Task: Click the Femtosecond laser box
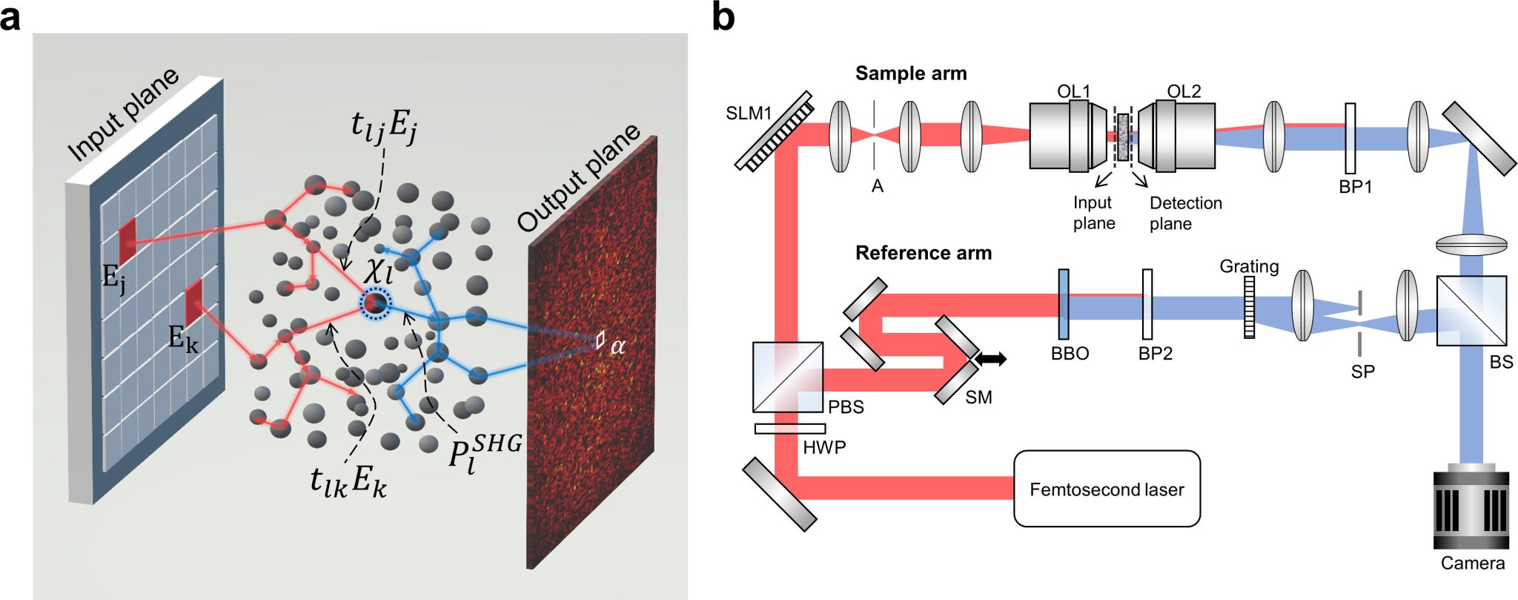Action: point(1106,489)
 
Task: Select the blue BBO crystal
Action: point(1064,304)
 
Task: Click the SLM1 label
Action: point(749,113)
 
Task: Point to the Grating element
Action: point(1249,307)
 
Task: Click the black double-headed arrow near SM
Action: point(990,360)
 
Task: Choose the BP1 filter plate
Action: point(1350,137)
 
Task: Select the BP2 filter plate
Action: point(1147,304)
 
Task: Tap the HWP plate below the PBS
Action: point(789,429)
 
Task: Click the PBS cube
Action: point(787,377)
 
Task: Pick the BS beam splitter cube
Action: point(1471,311)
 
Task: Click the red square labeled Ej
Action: point(127,240)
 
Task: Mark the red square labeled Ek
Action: point(193,302)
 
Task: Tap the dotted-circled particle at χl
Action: point(375,303)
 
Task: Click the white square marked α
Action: point(600,340)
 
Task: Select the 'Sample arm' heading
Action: point(910,73)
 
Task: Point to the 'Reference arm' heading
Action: point(923,253)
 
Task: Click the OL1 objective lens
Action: point(1067,136)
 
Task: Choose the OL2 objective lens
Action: point(1179,136)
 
